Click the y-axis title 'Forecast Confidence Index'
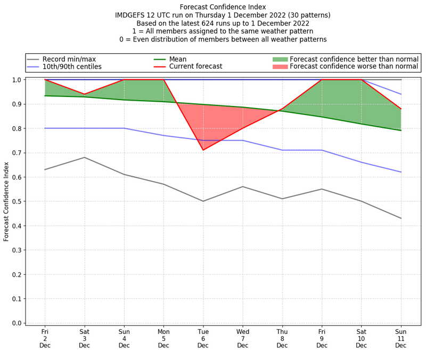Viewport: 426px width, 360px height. [6, 201]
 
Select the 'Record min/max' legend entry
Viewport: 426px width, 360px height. [69, 59]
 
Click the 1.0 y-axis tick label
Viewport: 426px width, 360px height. [17, 80]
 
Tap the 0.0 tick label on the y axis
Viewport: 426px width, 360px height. [17, 323]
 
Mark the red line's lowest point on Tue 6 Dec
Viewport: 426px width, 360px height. [203, 150]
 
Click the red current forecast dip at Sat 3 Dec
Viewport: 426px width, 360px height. [84, 94]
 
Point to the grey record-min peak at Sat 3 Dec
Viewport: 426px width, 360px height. [84, 157]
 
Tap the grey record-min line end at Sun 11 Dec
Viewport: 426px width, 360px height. [401, 218]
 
